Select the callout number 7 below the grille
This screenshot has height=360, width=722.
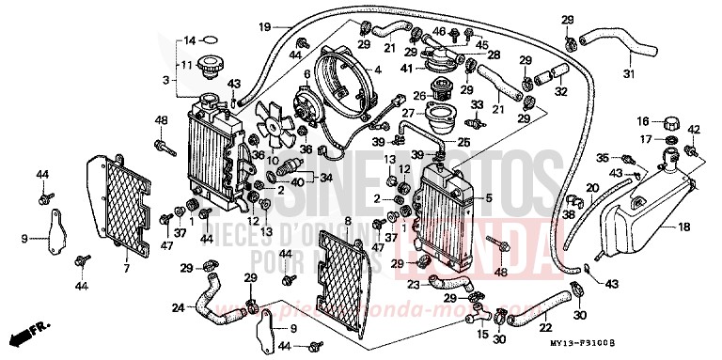pyautogui.click(x=125, y=270)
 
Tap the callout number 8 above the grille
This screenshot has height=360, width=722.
pyautogui.click(x=347, y=221)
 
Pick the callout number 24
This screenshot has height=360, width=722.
pyautogui.click(x=178, y=306)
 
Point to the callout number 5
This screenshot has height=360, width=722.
pyautogui.click(x=487, y=197)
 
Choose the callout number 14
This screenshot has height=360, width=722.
pyautogui.click(x=188, y=40)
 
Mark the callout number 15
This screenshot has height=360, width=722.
pyautogui.click(x=483, y=334)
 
